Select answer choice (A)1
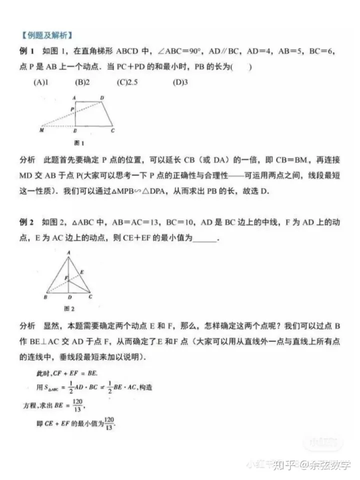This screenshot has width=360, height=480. (x=40, y=82)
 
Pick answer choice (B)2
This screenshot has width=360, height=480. (x=82, y=82)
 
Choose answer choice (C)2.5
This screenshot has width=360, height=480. (x=126, y=82)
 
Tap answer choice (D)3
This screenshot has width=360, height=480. (x=180, y=82)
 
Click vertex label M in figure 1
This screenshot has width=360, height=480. (x=41, y=130)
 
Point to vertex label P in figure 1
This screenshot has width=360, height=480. (x=72, y=108)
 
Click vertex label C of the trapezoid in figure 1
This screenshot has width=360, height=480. (x=113, y=130)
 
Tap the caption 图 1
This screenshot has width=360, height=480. (x=78, y=143)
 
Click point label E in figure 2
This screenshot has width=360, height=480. (x=81, y=271)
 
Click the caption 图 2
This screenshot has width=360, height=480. (x=69, y=308)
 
